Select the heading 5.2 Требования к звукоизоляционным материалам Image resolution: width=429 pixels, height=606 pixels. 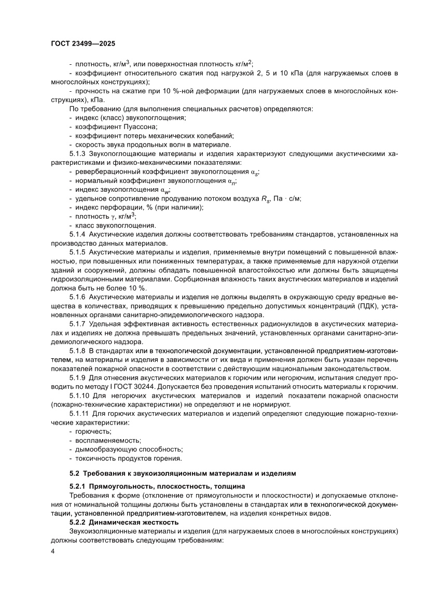tap(182, 473)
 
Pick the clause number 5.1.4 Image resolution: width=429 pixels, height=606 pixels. tap(78, 235)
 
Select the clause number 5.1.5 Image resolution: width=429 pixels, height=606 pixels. tap(78, 252)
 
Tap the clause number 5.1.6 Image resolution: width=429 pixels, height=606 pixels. tap(78, 297)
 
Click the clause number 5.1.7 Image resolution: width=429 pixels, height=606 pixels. tap(78, 324)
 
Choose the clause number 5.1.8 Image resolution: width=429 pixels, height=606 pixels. tap(78, 351)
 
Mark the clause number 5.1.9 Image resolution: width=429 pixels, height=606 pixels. tap(78, 378)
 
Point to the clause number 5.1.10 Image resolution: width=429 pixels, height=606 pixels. tap(79, 396)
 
